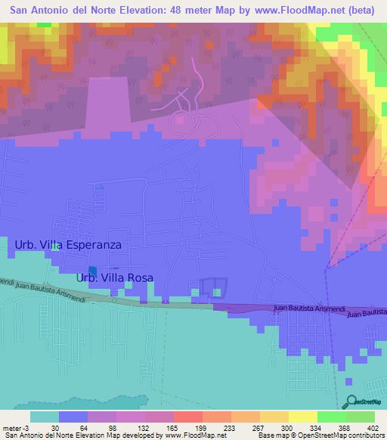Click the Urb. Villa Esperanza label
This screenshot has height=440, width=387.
pyautogui.click(x=68, y=245)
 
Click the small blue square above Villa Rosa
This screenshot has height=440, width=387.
pyautogui.click(x=93, y=271)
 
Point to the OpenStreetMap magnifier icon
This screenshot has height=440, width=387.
pyautogui.click(x=351, y=401)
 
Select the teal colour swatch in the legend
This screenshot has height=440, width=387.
pyautogui.click(x=45, y=417)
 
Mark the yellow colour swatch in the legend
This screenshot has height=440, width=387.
pyautogui.click(x=303, y=417)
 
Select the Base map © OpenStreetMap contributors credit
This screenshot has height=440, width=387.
pyautogui.click(x=320, y=435)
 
